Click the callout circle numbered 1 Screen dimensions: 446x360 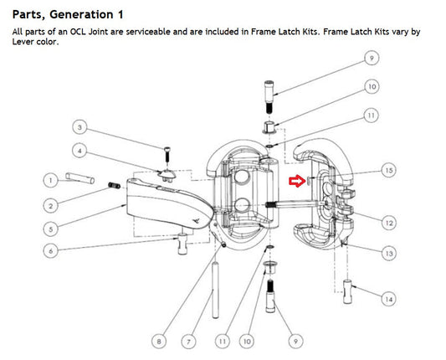click(x=51, y=181)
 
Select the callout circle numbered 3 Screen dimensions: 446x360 click(x=79, y=127)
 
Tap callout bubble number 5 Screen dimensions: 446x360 click(x=51, y=229)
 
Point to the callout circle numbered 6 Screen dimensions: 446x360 click(x=51, y=251)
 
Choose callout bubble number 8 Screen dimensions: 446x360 click(x=159, y=341)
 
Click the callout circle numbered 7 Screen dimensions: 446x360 click(x=189, y=341)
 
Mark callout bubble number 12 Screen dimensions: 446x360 click(x=389, y=223)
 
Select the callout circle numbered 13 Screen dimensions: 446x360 click(x=389, y=253)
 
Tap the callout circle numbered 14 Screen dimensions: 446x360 click(x=389, y=299)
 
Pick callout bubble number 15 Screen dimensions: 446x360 click(x=389, y=170)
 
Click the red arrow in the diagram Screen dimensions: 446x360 click(x=297, y=181)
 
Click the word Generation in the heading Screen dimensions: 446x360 click(x=81, y=14)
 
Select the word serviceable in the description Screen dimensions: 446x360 click(x=148, y=32)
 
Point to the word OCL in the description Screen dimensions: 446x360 click(x=78, y=32)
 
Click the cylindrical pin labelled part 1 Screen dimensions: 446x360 click(x=80, y=178)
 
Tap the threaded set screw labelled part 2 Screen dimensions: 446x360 click(x=115, y=186)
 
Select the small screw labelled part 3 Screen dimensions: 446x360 click(x=167, y=154)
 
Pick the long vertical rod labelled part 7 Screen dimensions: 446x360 click(x=216, y=290)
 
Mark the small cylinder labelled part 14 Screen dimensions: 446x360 click(x=347, y=291)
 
